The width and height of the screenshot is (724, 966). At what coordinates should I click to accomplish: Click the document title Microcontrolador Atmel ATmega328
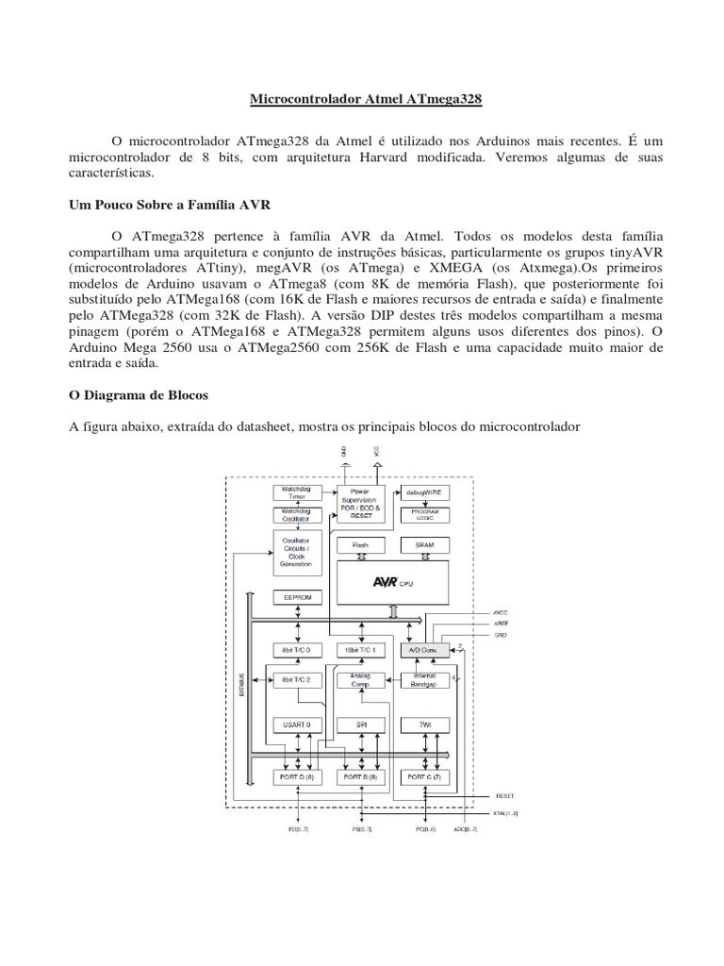click(361, 98)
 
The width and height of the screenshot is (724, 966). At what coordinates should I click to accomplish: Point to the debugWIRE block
click(425, 492)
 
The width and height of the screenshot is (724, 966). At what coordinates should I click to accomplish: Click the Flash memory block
click(361, 546)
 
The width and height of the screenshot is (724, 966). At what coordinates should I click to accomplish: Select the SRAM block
click(425, 546)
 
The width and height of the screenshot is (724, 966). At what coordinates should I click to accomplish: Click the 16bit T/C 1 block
click(361, 651)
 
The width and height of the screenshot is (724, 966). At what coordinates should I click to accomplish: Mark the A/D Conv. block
click(425, 651)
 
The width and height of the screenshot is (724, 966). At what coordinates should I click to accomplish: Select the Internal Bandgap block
click(425, 679)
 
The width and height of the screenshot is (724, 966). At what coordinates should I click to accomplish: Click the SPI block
click(361, 724)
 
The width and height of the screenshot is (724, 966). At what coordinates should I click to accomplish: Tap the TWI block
click(425, 724)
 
